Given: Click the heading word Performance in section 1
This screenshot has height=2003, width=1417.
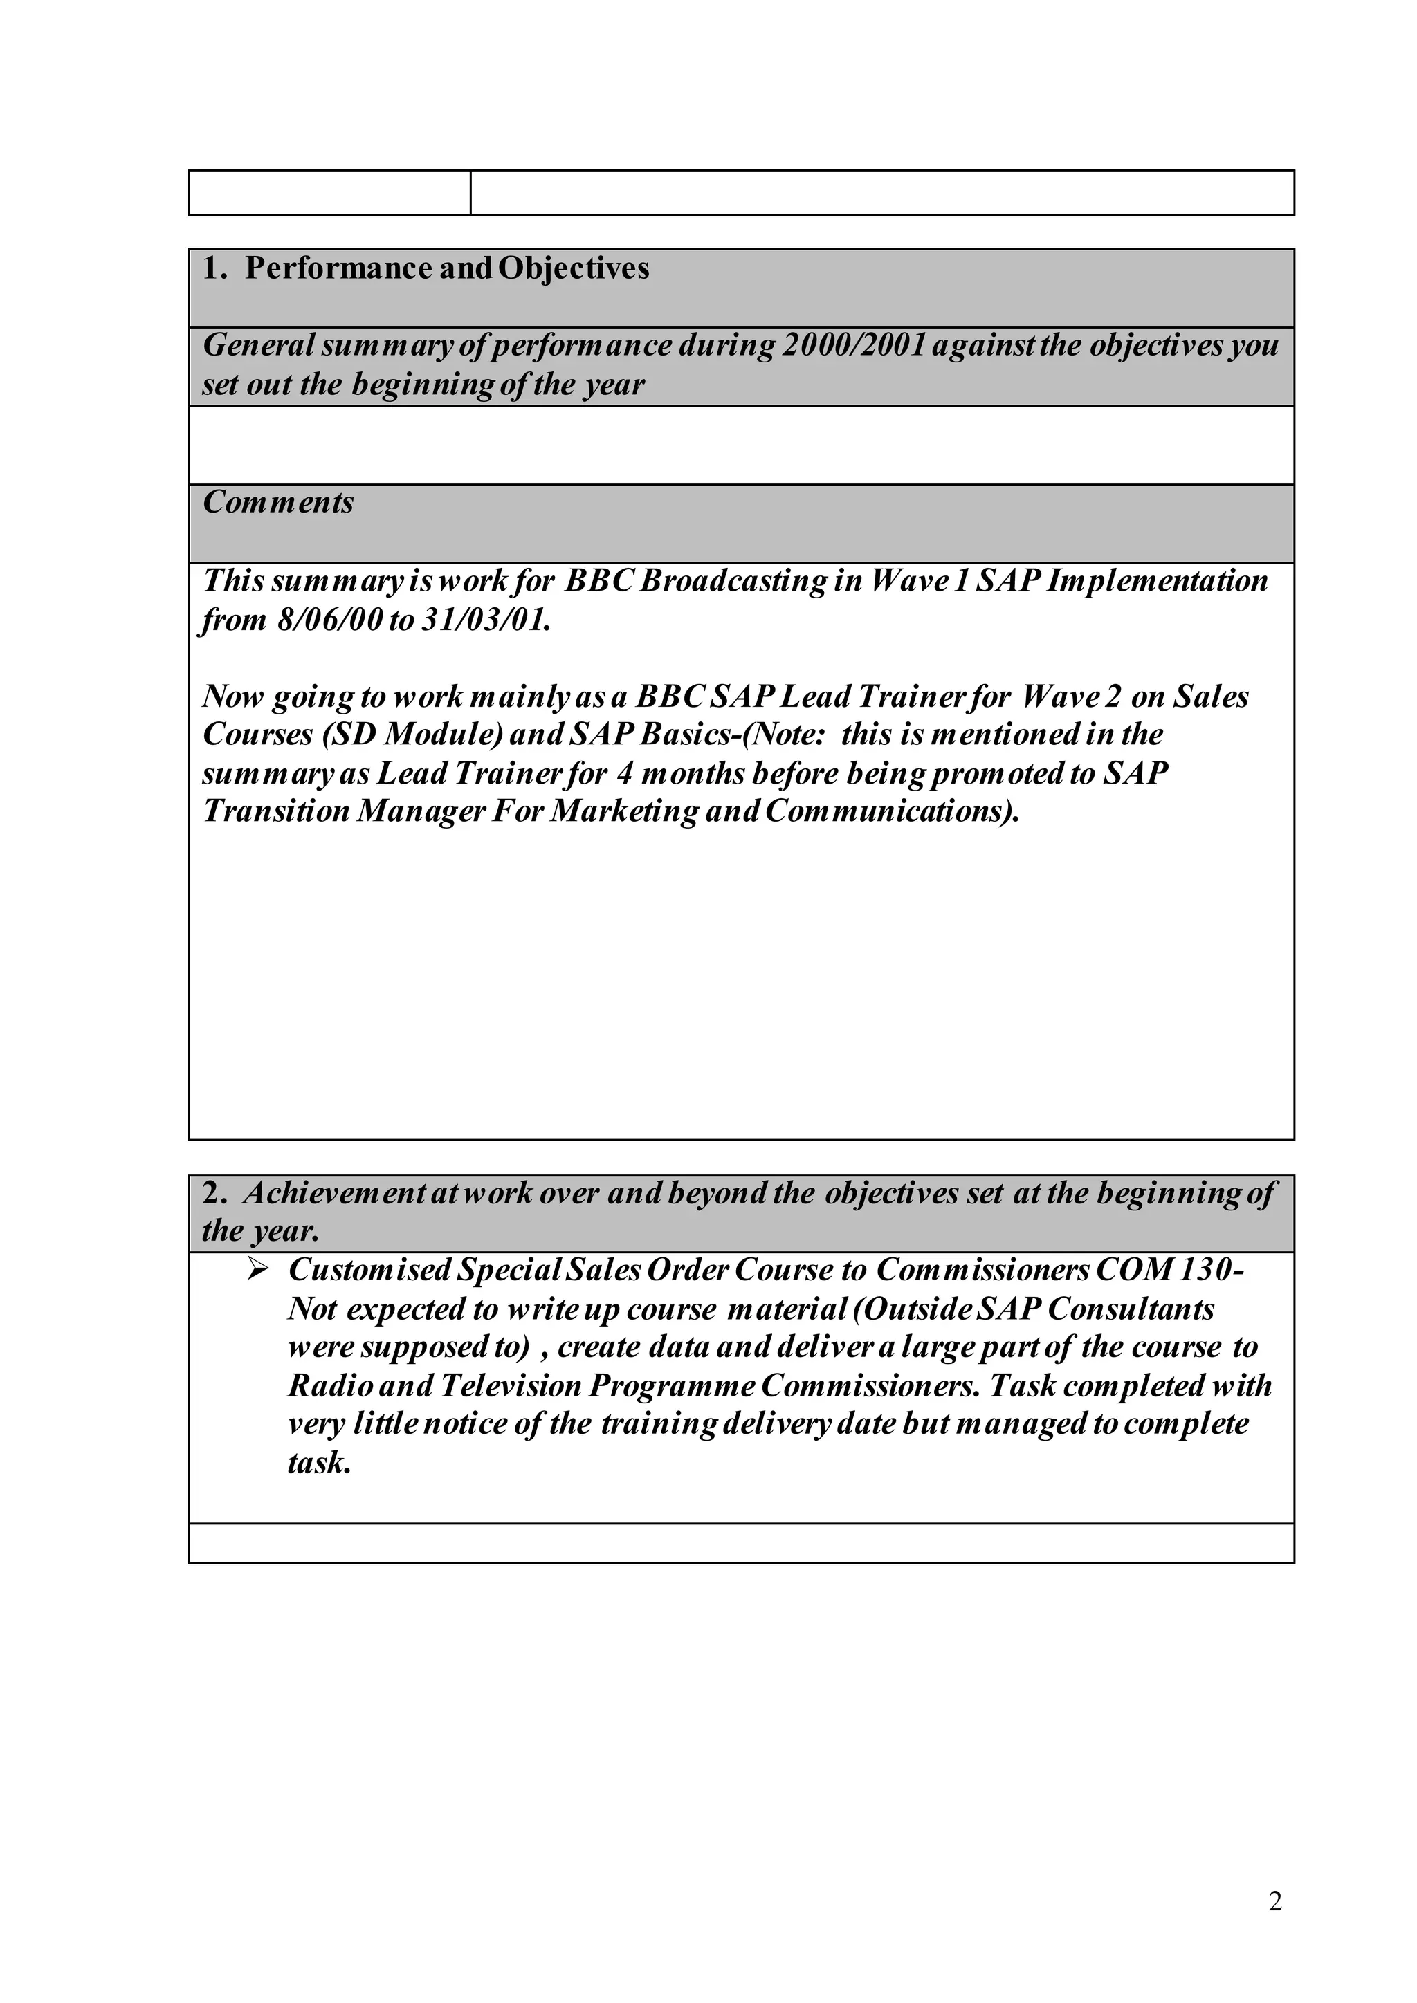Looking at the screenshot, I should (338, 268).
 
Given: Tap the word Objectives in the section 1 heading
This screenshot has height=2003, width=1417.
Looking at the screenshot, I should (574, 268).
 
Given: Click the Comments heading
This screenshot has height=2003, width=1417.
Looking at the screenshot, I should (278, 503).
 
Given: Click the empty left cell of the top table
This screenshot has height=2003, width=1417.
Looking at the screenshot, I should (329, 193).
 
